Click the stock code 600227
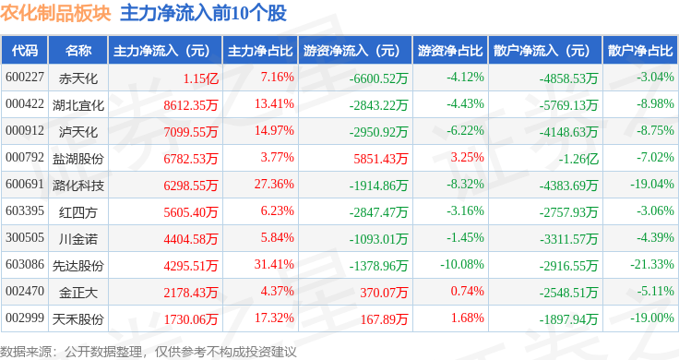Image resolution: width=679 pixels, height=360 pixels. tap(25, 78)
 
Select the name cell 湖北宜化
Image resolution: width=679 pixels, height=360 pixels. tap(78, 105)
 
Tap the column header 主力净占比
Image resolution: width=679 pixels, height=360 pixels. tap(260, 51)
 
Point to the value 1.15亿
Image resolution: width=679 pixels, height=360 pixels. tap(200, 78)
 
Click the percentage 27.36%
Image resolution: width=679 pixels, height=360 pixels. tap(274, 184)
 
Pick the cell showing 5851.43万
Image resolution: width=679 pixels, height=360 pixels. tap(381, 159)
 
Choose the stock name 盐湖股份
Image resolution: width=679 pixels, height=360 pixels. tap(78, 159)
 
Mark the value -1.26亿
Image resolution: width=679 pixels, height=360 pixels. tap(578, 159)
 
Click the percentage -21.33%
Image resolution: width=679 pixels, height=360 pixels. tap(652, 264)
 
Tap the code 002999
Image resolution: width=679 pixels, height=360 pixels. tap(25, 318)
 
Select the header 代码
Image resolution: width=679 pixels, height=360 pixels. tap(25, 51)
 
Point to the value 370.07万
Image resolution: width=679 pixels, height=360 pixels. tap(384, 293)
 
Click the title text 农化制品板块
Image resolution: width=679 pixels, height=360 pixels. tap(56, 13)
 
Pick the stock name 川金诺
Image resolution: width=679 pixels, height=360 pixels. tap(78, 239)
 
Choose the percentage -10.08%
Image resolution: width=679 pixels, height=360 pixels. tap(462, 264)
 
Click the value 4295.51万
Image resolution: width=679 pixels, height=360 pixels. tap(191, 266)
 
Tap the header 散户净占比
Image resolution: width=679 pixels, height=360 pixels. tap(640, 51)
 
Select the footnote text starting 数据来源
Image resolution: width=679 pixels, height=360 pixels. tap(149, 352)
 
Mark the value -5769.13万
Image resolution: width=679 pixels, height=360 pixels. tap(568, 105)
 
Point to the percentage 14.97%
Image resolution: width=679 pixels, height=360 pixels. tap(274, 130)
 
